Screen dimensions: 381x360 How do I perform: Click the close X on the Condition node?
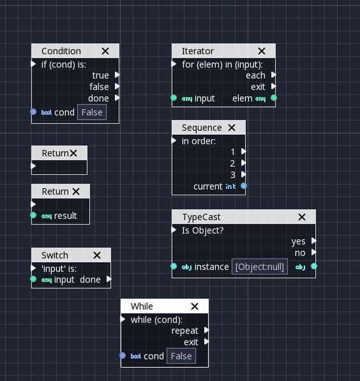click(x=105, y=51)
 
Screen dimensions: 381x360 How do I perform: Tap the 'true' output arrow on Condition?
click(x=117, y=75)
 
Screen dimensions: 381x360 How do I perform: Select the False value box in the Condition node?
click(x=92, y=112)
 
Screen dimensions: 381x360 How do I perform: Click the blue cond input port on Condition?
click(x=33, y=112)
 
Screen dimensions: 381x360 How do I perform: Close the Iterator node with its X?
click(x=261, y=51)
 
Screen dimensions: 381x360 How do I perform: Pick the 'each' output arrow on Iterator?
click(x=273, y=75)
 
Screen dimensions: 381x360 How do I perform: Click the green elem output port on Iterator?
click(x=274, y=98)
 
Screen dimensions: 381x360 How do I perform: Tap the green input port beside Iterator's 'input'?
click(x=174, y=98)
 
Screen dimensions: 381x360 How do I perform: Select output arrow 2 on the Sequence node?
click(x=243, y=163)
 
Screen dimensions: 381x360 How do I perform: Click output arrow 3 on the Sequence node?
click(x=243, y=175)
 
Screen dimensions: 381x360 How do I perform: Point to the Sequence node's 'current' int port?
click(x=243, y=186)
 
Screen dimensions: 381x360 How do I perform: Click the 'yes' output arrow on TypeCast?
click(x=313, y=241)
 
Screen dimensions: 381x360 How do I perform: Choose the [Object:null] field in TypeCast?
click(x=259, y=267)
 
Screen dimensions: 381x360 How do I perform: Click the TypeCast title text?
click(x=201, y=217)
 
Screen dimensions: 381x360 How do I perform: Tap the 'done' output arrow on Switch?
click(x=109, y=280)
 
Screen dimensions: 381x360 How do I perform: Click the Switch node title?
click(x=54, y=255)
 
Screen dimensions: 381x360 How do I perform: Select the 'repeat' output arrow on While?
click(x=206, y=331)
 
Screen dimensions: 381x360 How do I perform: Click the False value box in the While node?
click(x=181, y=356)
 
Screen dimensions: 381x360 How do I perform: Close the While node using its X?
click(x=195, y=306)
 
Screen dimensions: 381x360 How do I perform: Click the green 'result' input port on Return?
click(x=33, y=216)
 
